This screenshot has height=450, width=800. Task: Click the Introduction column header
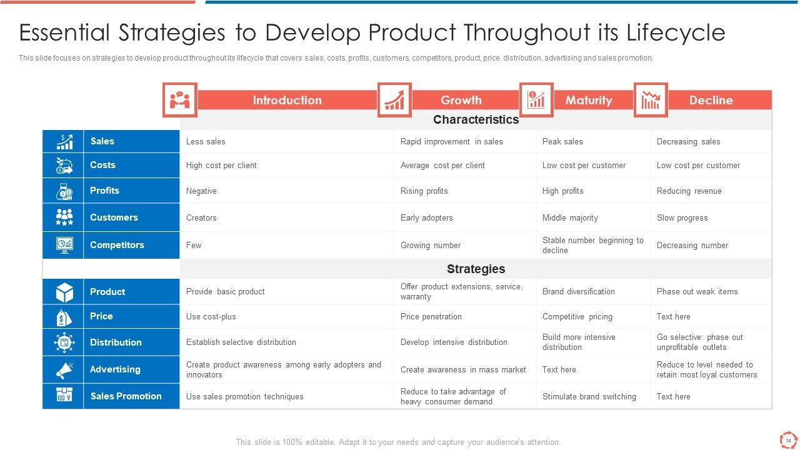click(287, 100)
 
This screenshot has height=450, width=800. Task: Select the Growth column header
click(461, 100)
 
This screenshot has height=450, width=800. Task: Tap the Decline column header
click(711, 100)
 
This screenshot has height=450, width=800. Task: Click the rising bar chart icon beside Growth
click(394, 100)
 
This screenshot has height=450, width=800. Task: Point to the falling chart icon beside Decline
click(651, 100)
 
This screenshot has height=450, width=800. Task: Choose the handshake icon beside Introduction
click(179, 100)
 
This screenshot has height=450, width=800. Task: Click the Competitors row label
click(117, 245)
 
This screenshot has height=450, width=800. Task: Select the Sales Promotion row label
click(126, 396)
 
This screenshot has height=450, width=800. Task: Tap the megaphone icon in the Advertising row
click(64, 370)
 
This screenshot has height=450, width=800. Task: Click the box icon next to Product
click(64, 292)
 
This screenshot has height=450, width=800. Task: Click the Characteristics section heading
click(476, 119)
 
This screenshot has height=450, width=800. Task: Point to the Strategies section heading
click(476, 269)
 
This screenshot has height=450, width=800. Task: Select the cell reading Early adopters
click(426, 218)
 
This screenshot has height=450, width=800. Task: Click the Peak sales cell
click(562, 141)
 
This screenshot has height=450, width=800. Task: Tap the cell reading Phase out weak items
click(697, 291)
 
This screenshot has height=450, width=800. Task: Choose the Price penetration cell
click(431, 316)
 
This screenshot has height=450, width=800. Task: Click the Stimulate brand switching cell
click(589, 396)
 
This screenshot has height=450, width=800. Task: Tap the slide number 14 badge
click(788, 441)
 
